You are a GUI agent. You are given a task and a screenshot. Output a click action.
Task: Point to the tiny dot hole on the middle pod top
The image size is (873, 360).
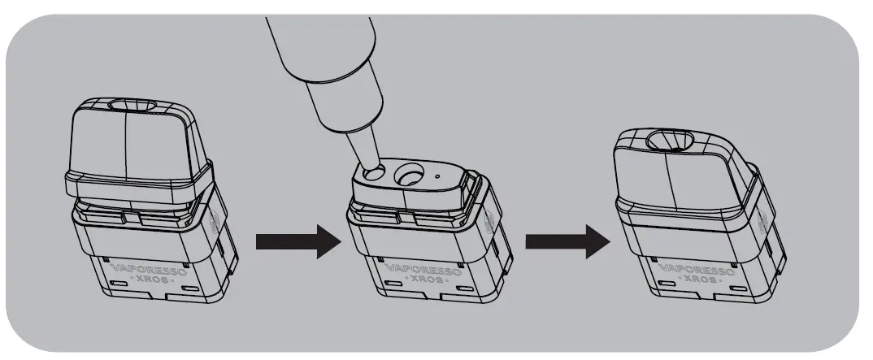(437, 174)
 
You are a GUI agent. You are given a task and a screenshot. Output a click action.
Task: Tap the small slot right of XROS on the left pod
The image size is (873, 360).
(193, 289)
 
